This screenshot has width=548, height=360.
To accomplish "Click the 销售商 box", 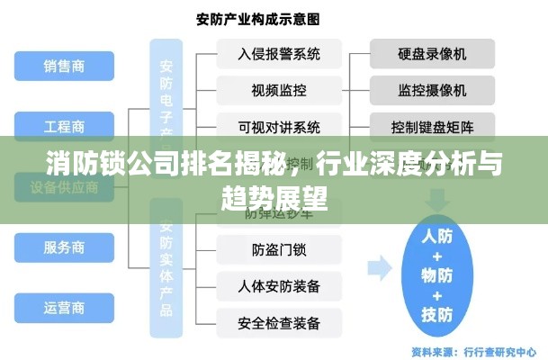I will (x=64, y=65).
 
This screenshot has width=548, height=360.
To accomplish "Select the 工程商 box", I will (x=64, y=126).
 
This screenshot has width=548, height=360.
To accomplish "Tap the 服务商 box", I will (x=64, y=247).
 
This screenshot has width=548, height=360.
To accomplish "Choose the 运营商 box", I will (x=64, y=307).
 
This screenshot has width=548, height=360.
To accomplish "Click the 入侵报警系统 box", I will (x=279, y=53).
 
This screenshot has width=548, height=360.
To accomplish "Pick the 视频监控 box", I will (x=279, y=89).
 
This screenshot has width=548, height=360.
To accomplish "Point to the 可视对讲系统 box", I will (x=279, y=125).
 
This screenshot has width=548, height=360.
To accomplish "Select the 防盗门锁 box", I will (x=279, y=249).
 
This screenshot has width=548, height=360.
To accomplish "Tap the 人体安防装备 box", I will (x=279, y=286).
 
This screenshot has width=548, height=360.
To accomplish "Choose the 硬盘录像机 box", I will (x=432, y=53).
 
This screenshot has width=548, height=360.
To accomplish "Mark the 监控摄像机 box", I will (x=432, y=89).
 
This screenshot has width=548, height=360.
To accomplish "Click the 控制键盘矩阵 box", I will (x=432, y=125).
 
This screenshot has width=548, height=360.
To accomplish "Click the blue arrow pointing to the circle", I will (x=379, y=266).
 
